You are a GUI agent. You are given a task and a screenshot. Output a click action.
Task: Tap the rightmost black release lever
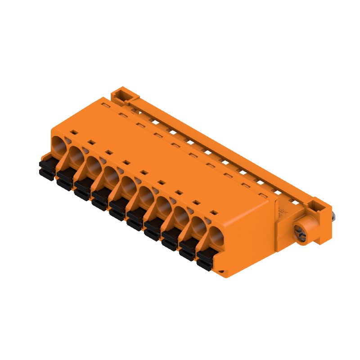205,258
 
